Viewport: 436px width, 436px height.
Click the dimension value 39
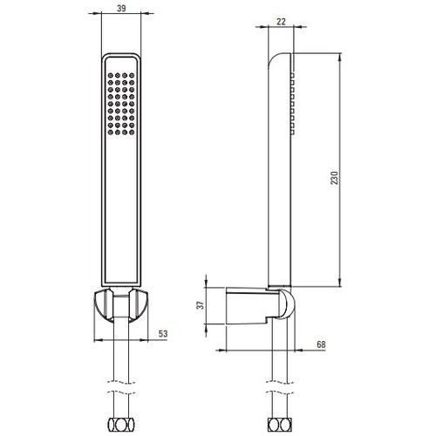pos(121,9)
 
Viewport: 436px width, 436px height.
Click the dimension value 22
pos(281,22)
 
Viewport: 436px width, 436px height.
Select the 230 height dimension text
pos(335,178)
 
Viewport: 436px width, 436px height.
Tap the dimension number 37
pos(201,305)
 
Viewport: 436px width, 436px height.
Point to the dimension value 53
pos(163,333)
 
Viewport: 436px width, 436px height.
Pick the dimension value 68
pos(321,344)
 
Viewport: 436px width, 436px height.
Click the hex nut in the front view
pos(121,426)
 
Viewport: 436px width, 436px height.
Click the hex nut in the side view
pos(280,426)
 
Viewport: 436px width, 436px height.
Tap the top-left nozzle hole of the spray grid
pos(111,75)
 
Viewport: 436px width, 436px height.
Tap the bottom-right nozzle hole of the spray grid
pos(132,133)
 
